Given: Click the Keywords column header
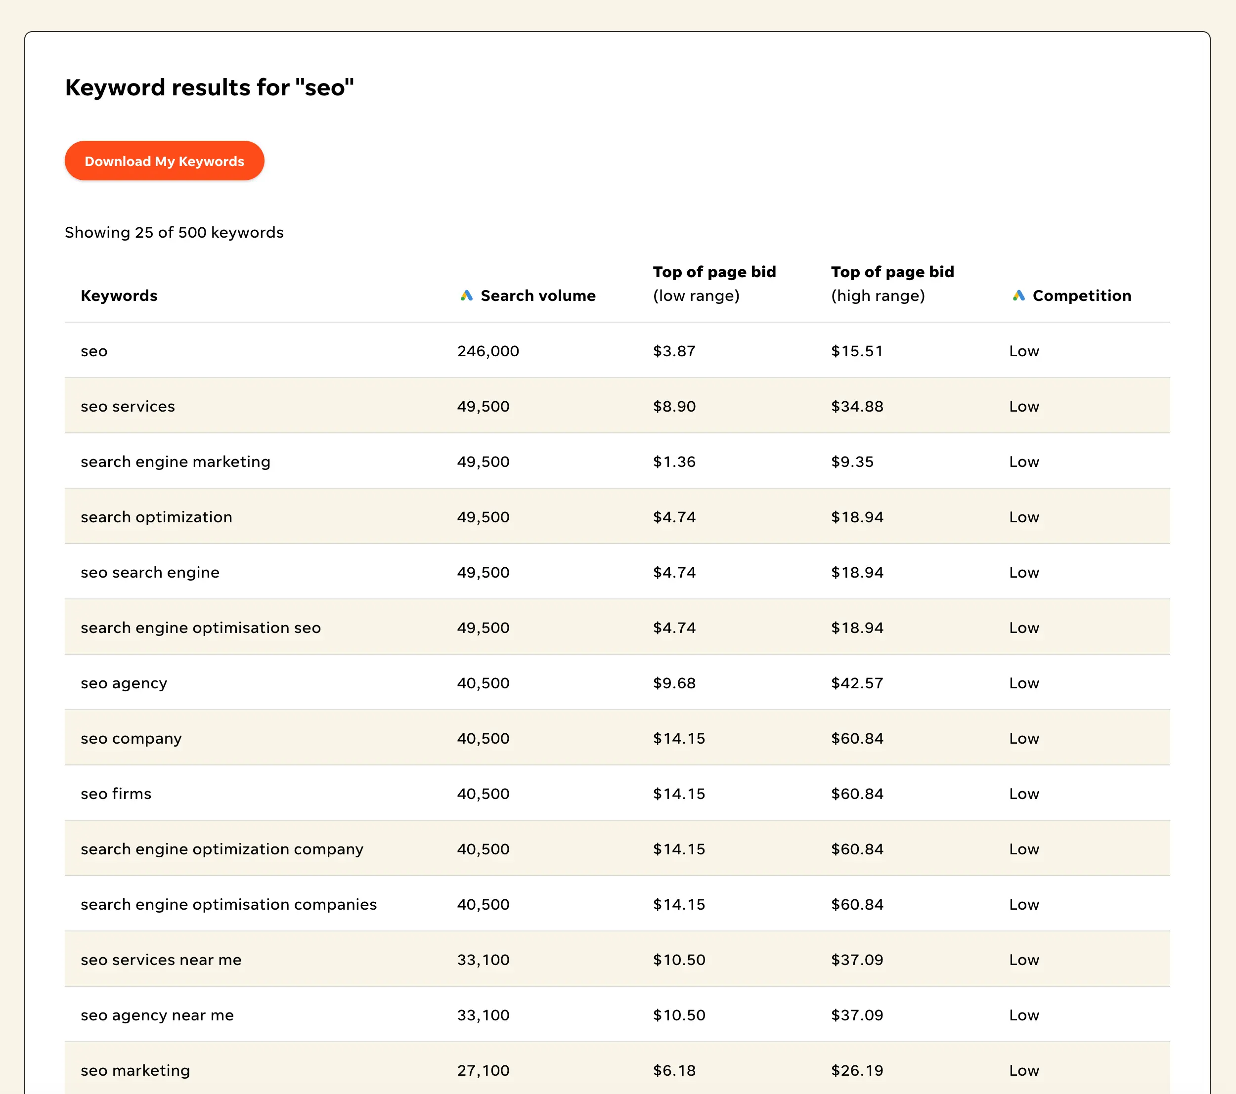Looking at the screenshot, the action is pyautogui.click(x=119, y=295).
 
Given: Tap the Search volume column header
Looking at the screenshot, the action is pyautogui.click(x=537, y=295).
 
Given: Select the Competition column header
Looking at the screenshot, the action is pyautogui.click(x=1081, y=295).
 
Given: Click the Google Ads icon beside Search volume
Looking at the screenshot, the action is pyautogui.click(x=466, y=295).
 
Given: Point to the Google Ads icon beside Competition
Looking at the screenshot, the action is pyautogui.click(x=1019, y=295).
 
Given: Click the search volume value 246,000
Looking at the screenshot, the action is pyautogui.click(x=488, y=351).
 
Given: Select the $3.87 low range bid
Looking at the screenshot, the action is pyautogui.click(x=674, y=351).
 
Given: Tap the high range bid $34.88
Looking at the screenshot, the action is pyautogui.click(x=857, y=406).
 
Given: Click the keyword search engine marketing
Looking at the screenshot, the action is pyautogui.click(x=176, y=462).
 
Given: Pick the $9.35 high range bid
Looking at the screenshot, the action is pyautogui.click(x=852, y=462).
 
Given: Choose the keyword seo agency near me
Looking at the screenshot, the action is pyautogui.click(x=157, y=1015).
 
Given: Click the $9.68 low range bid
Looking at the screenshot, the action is pyautogui.click(x=674, y=683).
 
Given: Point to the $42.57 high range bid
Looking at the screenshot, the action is pyautogui.click(x=857, y=683).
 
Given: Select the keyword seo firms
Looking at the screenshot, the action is pyautogui.click(x=116, y=794).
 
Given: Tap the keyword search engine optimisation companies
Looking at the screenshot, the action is pyautogui.click(x=228, y=904).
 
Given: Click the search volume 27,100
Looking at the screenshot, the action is pyautogui.click(x=483, y=1070).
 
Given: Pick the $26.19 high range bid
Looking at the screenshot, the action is pyautogui.click(x=857, y=1070).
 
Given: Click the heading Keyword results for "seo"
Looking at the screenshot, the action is pyautogui.click(x=209, y=87).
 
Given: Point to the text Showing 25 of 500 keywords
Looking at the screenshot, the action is pyautogui.click(x=174, y=233).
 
